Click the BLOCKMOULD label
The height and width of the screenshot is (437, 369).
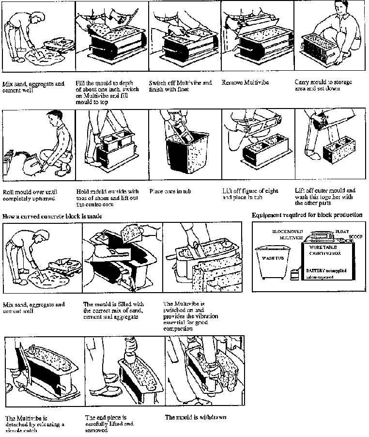(288, 232)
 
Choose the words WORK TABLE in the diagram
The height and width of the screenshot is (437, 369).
(322, 247)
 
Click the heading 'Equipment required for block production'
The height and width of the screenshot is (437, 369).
(307, 215)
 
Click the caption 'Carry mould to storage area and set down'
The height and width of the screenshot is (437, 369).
(323, 85)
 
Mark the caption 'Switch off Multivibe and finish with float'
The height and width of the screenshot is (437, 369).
(180, 86)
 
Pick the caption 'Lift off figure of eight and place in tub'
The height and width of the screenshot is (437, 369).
(250, 194)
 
